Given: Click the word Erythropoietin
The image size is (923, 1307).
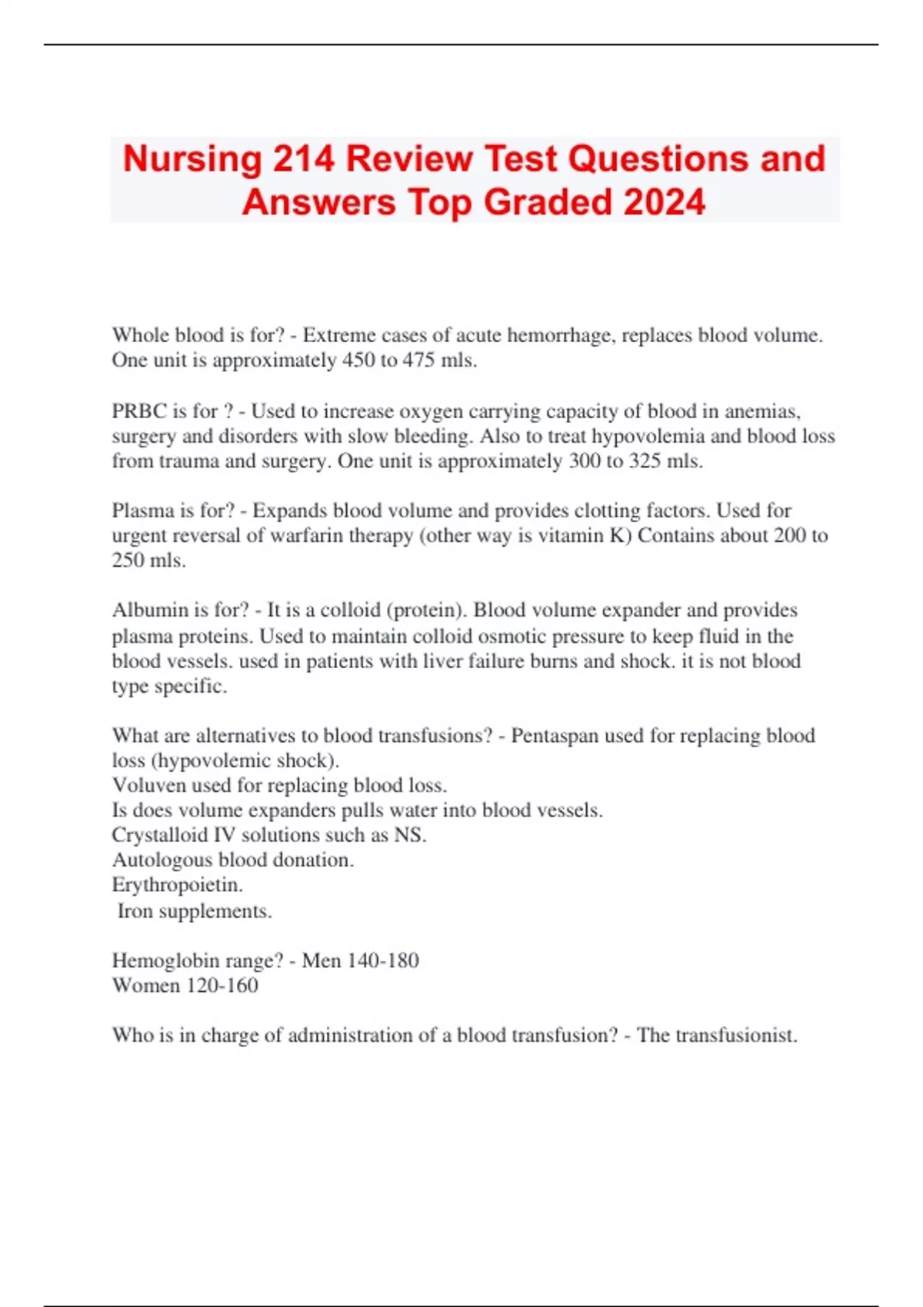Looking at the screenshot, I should pyautogui.click(x=177, y=885).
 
